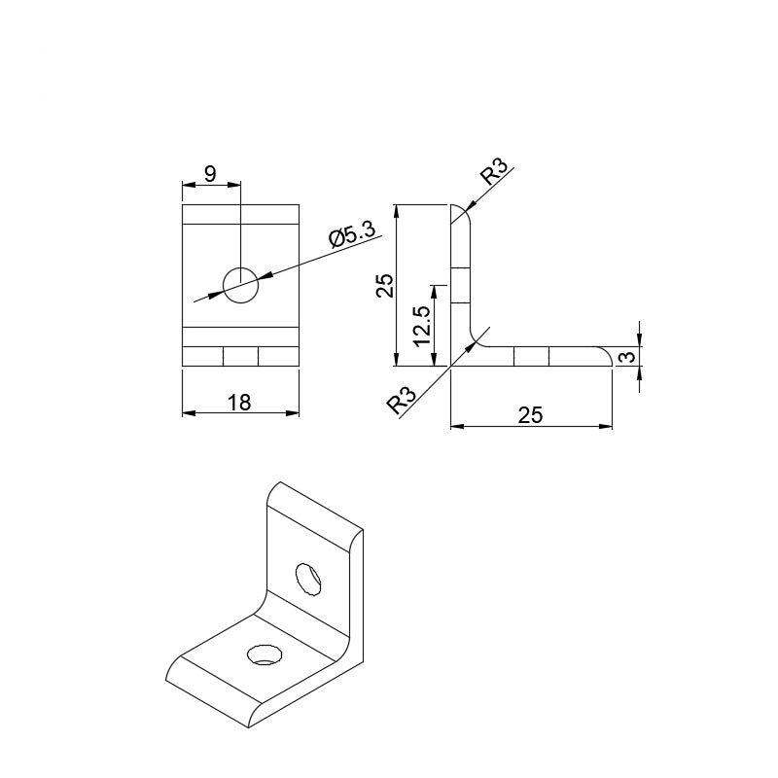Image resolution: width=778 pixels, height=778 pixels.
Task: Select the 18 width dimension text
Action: click(239, 403)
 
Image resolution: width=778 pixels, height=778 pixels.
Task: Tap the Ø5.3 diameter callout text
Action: click(352, 235)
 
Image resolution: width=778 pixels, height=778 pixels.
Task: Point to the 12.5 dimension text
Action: click(422, 325)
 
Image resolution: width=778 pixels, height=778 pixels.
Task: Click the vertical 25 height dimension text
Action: click(385, 285)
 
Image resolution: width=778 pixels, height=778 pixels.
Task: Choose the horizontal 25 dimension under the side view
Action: click(530, 415)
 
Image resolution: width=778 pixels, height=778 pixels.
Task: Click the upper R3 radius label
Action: click(493, 175)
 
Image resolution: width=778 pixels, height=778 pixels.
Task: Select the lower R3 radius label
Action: click(402, 401)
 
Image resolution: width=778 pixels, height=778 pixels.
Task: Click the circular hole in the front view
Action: click(240, 284)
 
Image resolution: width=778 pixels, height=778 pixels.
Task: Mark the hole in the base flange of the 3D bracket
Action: click(264, 654)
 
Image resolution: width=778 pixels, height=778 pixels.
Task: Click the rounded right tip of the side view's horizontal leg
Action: click(607, 357)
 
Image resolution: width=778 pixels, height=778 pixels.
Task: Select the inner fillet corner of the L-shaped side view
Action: click(477, 337)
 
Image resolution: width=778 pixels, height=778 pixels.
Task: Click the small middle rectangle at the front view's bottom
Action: click(240, 357)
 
